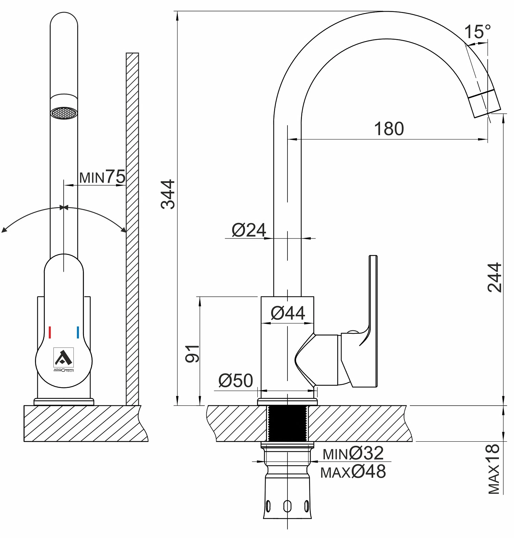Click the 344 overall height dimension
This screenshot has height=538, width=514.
[x=168, y=194]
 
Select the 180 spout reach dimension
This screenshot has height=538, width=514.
[x=389, y=129]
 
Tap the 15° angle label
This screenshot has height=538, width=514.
[x=477, y=32]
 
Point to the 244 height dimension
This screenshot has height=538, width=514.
[x=494, y=278]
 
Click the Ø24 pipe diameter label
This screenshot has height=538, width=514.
[x=249, y=230]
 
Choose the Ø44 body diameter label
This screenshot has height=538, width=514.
[x=288, y=313]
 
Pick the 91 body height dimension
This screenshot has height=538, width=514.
[x=192, y=354]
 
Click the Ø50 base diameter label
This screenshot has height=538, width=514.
[x=236, y=381]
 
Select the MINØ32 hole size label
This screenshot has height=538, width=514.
[x=353, y=454]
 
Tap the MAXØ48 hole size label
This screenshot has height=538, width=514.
[x=353, y=472]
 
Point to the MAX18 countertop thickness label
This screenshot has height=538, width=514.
[x=494, y=469]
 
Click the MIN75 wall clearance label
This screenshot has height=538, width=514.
[x=102, y=177]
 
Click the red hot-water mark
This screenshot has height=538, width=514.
[x=50, y=332]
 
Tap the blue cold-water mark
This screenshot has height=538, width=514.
[x=78, y=332]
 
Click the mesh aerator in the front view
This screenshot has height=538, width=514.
[x=64, y=113]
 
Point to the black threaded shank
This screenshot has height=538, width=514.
[x=287, y=423]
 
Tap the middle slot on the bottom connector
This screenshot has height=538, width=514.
[x=287, y=506]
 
